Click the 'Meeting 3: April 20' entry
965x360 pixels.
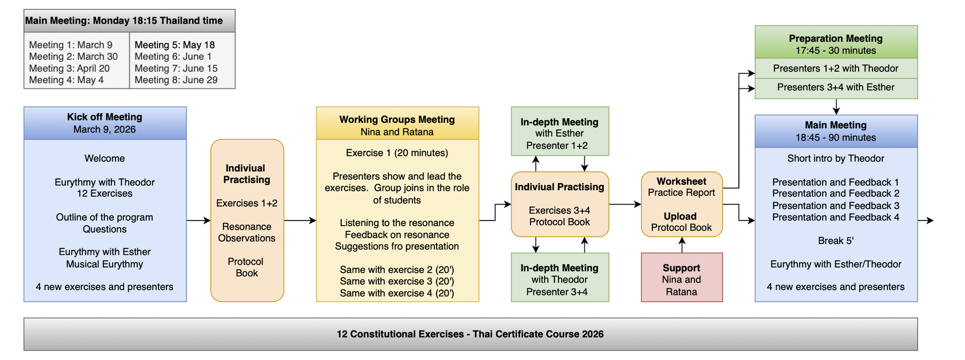69,68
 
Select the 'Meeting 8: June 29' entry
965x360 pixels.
176,80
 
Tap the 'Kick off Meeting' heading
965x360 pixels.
105,117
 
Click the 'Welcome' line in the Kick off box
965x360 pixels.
105,158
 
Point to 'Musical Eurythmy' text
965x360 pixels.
105,264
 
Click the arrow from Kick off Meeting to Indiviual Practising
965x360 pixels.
198,220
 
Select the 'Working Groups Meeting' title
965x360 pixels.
397,119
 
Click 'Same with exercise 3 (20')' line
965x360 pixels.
397,281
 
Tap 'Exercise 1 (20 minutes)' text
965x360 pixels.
397,153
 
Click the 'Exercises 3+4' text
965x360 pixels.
559,210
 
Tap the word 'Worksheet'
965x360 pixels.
681,181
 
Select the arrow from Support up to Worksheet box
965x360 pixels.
682,245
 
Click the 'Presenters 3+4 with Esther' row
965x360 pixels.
836,87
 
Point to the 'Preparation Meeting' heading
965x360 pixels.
836,38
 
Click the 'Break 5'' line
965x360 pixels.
836,241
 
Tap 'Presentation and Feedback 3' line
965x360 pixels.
836,206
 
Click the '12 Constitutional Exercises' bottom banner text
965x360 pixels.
470,334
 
